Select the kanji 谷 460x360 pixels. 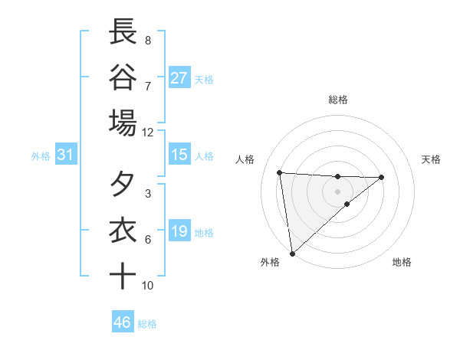click(123, 77)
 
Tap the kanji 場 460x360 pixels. click(123, 122)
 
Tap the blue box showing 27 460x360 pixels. click(179, 77)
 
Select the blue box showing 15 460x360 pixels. click(179, 155)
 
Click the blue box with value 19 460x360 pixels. click(179, 231)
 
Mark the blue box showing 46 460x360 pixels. click(123, 322)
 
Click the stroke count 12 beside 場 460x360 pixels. click(147, 132)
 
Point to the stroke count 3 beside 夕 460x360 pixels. click(147, 194)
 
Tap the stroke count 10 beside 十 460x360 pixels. click(147, 286)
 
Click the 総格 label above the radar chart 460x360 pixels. click(337, 100)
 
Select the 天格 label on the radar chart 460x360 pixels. click(431, 159)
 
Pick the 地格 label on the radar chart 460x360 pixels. click(402, 262)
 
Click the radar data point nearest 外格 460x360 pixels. click(292, 254)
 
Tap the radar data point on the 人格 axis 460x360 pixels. click(280, 172)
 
